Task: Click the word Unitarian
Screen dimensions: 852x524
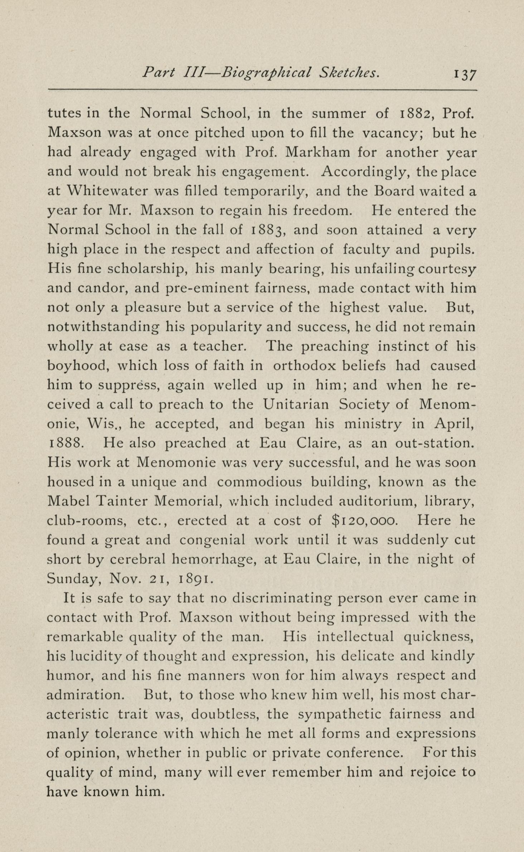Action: [x=296, y=405]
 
